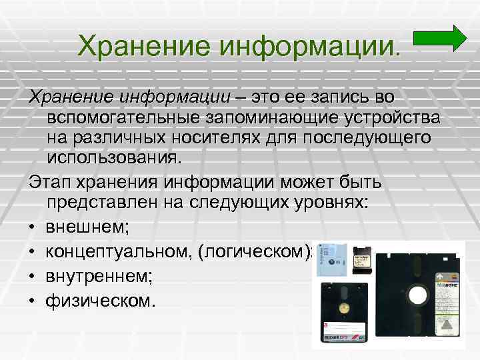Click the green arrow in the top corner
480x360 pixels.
[x=441, y=38]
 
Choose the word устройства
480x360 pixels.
[x=397, y=118]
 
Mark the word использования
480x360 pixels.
[x=113, y=160]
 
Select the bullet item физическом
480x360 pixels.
[x=100, y=300]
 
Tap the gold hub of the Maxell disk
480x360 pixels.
[x=345, y=307]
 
